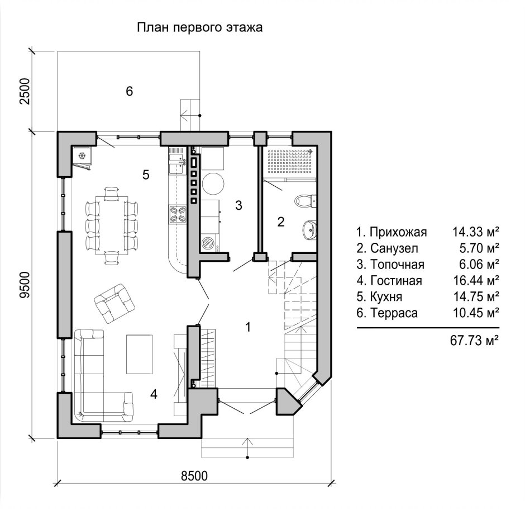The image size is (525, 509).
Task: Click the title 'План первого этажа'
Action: click(199, 27)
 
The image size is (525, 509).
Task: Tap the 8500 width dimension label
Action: click(194, 476)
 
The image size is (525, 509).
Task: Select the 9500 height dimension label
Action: click(25, 285)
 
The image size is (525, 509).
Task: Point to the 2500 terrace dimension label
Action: click(25, 91)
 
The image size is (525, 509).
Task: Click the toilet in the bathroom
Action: click(305, 201)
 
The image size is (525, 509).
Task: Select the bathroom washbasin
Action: click(309, 230)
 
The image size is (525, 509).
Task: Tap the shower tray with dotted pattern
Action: click(290, 162)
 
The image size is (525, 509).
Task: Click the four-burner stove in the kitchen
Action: click(178, 215)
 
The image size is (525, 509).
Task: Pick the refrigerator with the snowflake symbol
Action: click(82, 157)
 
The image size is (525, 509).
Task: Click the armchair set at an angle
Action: click(114, 304)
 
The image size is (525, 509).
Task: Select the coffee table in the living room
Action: click(139, 354)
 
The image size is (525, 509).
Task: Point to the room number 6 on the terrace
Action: click(129, 91)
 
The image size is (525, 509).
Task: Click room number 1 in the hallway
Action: click(248, 327)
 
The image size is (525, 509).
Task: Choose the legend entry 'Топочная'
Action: click(390, 265)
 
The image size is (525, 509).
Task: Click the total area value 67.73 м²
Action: click(475, 340)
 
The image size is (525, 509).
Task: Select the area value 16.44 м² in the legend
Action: click(476, 280)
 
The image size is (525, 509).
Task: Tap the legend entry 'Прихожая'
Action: click(392, 232)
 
